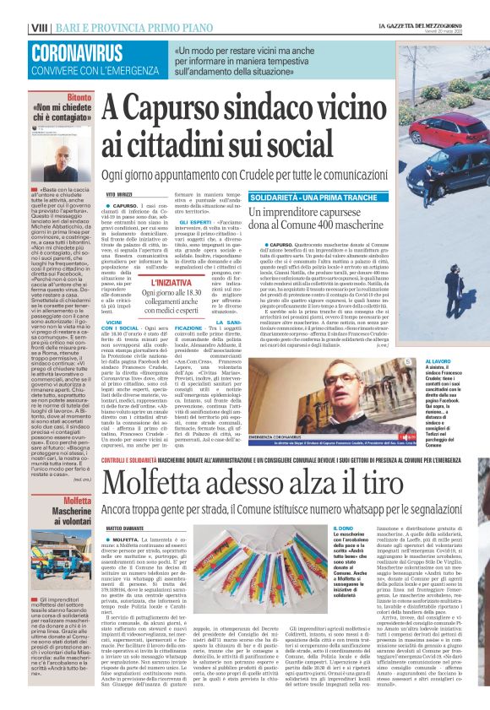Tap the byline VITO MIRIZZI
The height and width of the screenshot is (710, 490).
point(119,195)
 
